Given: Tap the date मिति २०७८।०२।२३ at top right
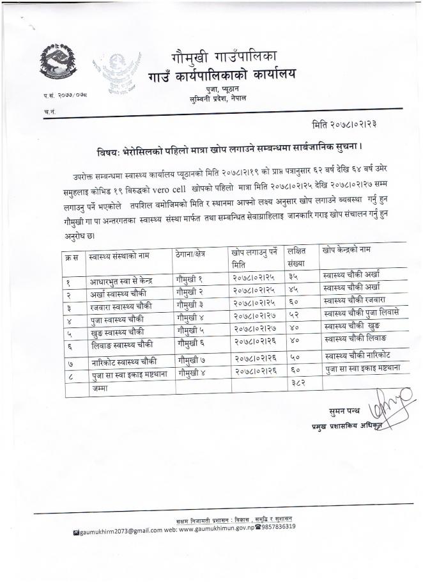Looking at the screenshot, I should coord(357,124).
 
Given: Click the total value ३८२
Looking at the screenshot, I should coord(296,385).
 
